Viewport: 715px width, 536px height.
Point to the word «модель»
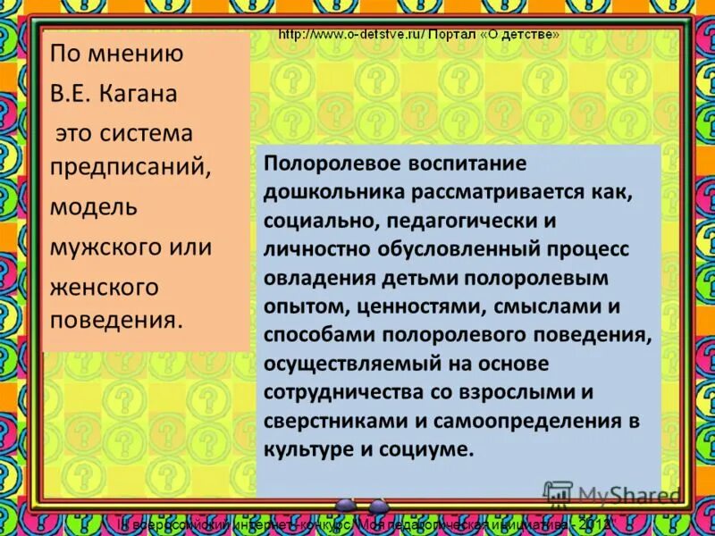(x=93, y=207)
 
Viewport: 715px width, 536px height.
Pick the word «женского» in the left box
(x=104, y=287)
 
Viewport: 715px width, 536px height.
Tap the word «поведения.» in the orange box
(x=116, y=319)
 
